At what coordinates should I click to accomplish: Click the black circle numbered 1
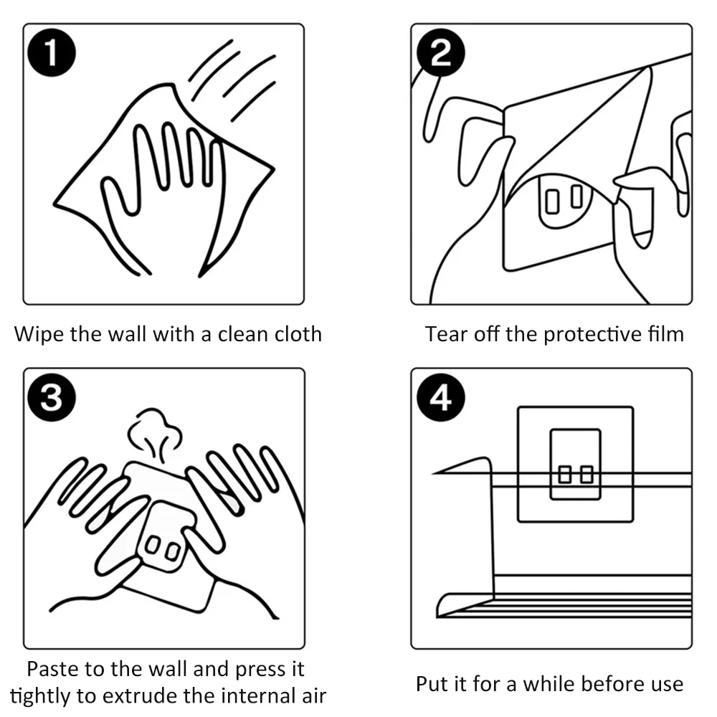52,52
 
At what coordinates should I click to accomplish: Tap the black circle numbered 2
441,52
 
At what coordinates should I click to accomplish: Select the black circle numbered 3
52,397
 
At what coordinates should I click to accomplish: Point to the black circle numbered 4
441,397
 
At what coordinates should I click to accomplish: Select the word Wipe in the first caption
39,334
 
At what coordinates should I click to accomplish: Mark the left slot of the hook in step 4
565,474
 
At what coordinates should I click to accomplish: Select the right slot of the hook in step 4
587,474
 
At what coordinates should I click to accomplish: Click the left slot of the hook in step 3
152,544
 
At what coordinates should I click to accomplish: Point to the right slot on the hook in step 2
576,196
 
